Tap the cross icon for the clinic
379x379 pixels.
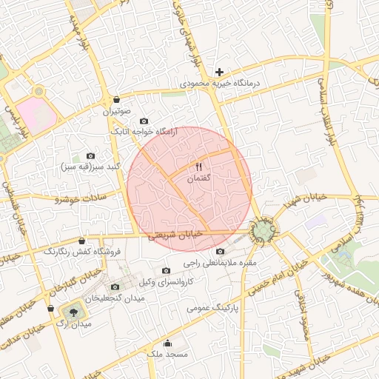219,72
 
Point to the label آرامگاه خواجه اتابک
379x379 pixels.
141,131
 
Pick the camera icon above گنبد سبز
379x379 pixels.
91,156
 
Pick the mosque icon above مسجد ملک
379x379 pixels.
168,343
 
